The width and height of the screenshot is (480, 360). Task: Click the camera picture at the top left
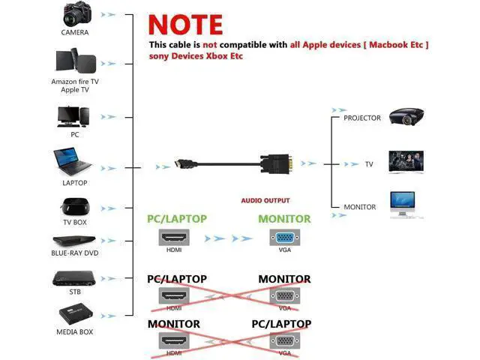pos(75,14)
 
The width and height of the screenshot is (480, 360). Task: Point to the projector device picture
pos(406,116)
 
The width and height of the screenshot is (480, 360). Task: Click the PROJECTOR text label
pos(362,118)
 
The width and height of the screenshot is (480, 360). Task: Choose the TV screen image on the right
pos(406,162)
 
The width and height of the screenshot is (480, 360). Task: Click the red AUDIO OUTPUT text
pos(265,201)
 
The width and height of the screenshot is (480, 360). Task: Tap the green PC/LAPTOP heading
pos(176,219)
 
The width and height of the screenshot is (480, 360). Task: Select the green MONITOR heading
pos(284,219)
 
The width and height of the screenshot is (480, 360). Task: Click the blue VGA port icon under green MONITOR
pos(284,238)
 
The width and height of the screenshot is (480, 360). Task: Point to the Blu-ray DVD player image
pos(75,242)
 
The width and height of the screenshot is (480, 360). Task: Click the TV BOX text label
pos(75,223)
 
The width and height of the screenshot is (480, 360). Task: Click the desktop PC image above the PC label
pos(74,116)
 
